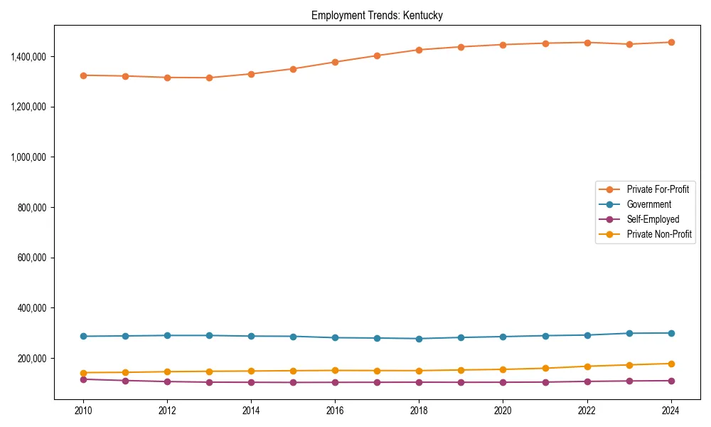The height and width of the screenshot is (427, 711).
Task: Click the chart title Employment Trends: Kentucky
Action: (377, 16)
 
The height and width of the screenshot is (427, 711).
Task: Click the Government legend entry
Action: (648, 204)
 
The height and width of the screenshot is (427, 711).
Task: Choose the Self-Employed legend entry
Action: (653, 219)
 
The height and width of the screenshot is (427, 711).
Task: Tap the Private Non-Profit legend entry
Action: (659, 234)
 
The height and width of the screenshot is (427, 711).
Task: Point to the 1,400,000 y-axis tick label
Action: (28, 56)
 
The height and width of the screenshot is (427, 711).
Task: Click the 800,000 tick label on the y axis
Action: (33, 208)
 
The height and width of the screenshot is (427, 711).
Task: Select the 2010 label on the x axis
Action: (83, 411)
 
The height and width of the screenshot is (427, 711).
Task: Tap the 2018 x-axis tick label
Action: (419, 411)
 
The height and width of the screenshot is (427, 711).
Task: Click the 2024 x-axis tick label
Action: (671, 411)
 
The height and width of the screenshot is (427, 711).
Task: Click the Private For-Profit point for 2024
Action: (671, 42)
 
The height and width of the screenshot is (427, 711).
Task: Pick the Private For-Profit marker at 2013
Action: (209, 78)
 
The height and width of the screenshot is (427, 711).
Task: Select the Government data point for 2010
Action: (83, 336)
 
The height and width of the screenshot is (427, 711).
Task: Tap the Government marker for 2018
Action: (419, 339)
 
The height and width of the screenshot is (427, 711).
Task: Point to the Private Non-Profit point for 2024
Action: (671, 364)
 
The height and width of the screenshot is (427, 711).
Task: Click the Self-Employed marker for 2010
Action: (83, 379)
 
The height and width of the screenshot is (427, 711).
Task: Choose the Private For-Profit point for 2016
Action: (335, 62)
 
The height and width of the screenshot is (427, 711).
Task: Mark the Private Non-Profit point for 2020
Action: (503, 369)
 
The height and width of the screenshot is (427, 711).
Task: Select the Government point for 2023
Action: (629, 333)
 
